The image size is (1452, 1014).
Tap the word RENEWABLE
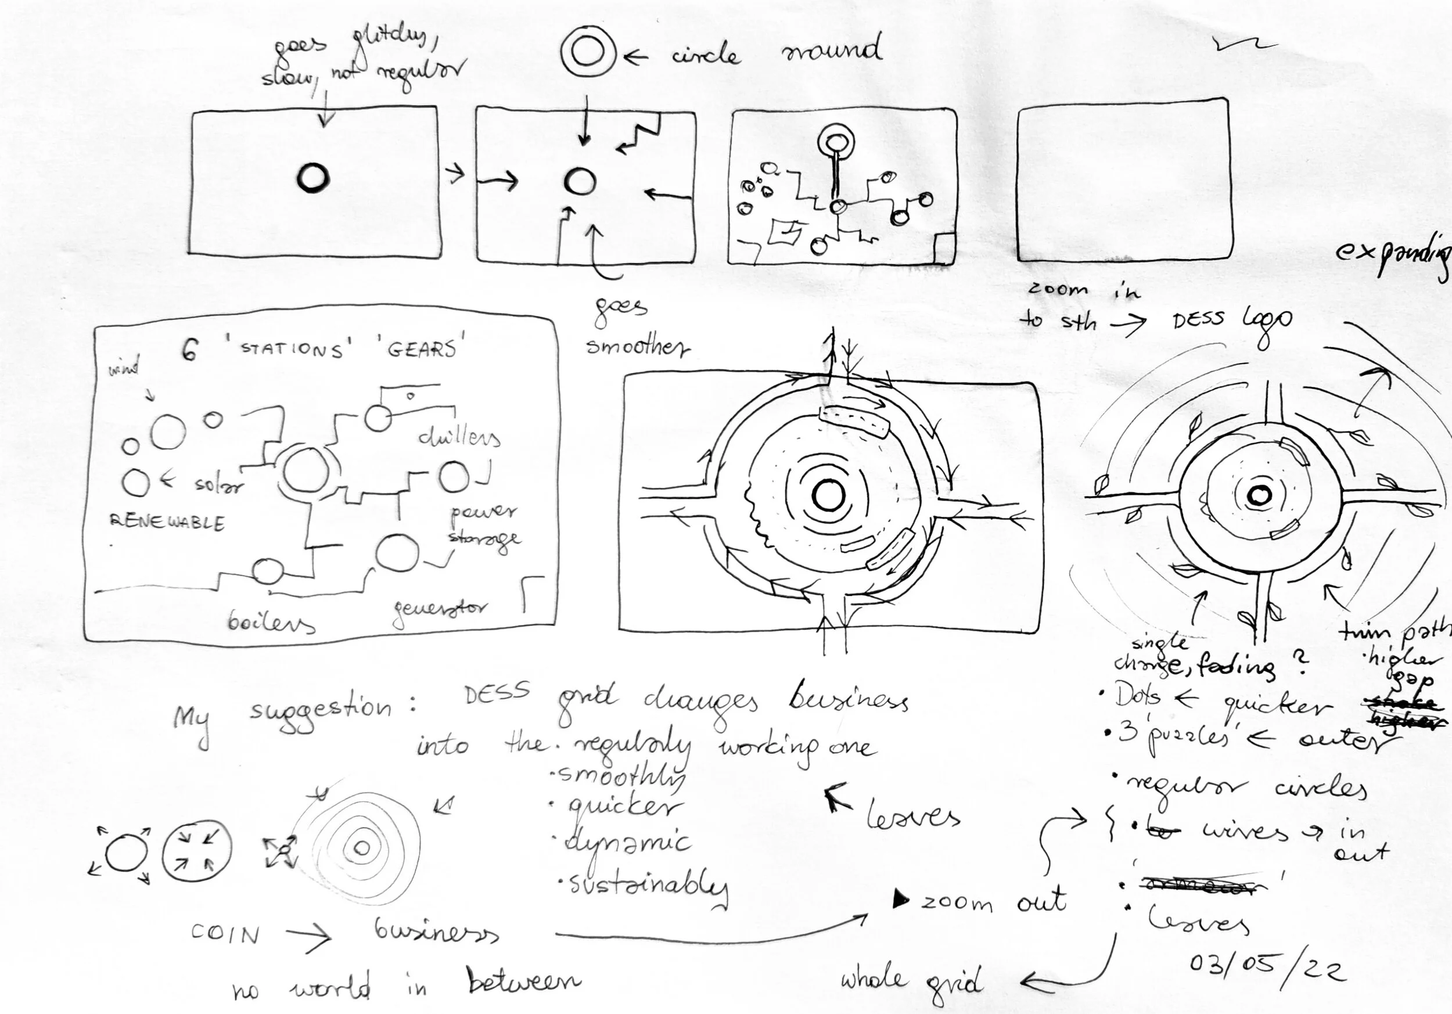(x=167, y=522)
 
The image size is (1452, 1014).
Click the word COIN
(x=225, y=934)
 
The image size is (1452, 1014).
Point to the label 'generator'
(x=440, y=611)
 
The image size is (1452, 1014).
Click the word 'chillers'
(x=459, y=437)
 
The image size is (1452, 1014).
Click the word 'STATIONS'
(x=292, y=350)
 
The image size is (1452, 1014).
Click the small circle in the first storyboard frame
(x=313, y=178)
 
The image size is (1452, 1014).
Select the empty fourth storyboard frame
(x=1124, y=181)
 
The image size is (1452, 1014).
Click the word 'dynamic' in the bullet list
(x=627, y=843)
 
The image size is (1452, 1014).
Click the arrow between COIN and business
(x=308, y=935)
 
